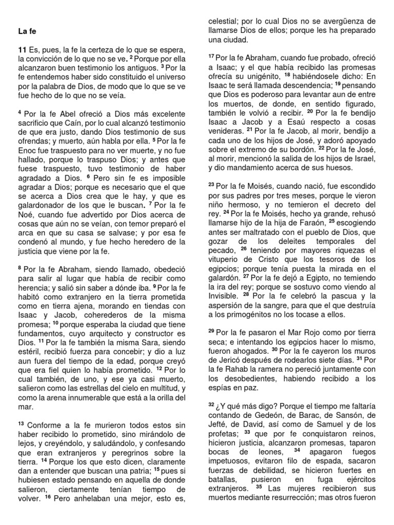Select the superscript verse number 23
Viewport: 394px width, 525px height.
pyautogui.click(x=211, y=186)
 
